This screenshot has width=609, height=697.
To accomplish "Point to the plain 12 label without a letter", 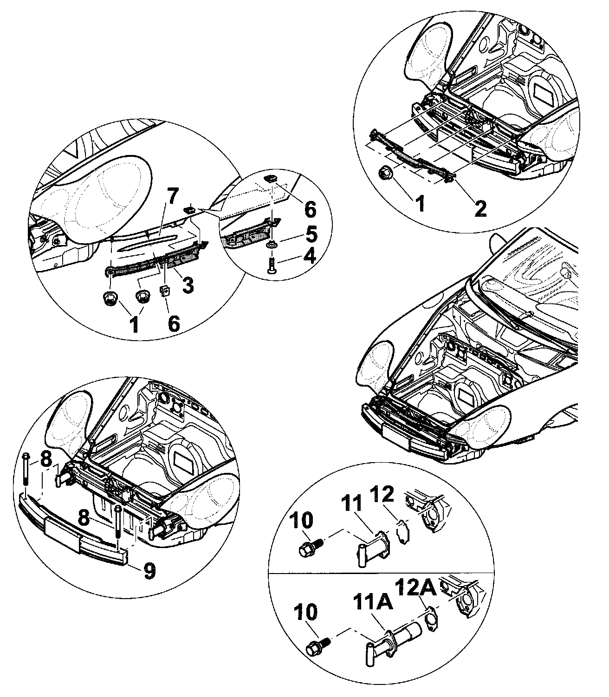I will [383, 494].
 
